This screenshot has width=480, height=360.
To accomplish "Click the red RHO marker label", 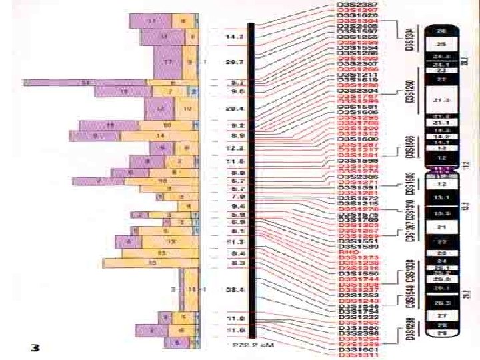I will click(348, 253).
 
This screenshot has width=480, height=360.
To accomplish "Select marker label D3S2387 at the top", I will click(358, 5).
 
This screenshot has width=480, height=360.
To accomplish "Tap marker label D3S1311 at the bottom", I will click(358, 355).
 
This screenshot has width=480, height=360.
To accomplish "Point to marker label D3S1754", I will click(358, 311).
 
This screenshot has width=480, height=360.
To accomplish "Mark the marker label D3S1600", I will click(358, 139).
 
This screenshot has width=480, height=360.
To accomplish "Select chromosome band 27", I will click(440, 315).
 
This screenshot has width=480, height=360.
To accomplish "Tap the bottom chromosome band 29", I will click(440, 331).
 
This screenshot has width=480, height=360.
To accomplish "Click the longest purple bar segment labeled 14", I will click(85, 83).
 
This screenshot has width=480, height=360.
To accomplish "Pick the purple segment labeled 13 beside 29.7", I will click(169, 62).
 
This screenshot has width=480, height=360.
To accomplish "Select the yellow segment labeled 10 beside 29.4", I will click(187, 108).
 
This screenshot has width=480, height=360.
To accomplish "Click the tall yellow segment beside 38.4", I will click(191, 290).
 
